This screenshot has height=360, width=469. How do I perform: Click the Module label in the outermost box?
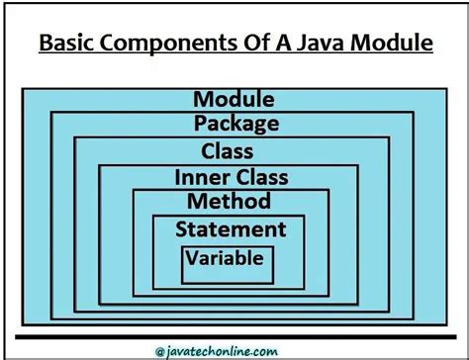coord(234,99)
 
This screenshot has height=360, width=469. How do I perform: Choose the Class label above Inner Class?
coord(227,151)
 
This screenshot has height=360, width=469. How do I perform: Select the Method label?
coord(229,202)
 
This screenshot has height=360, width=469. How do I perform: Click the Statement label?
coord(231,229)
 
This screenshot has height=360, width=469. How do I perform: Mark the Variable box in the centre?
coord(228,260)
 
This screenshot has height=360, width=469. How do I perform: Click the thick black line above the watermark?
coord(234,336)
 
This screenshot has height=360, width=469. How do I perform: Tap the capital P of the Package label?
coord(200,125)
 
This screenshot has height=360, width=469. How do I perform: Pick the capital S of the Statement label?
coord(182,229)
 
